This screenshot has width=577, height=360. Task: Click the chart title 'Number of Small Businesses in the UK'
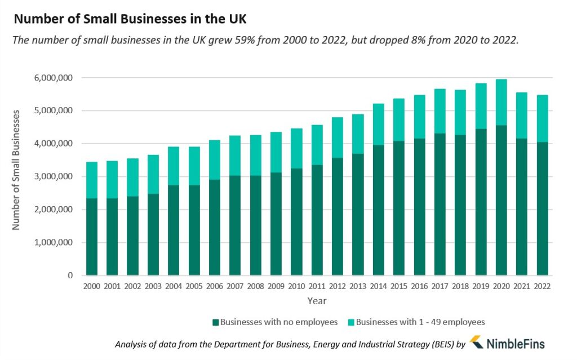click(130, 19)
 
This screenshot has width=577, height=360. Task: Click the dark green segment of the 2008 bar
click(255, 225)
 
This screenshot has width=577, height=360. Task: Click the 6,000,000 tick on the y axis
click(53, 78)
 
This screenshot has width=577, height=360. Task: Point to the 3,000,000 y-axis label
click(53, 177)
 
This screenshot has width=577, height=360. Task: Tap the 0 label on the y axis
click(70, 275)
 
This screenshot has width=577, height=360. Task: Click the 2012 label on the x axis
click(336, 286)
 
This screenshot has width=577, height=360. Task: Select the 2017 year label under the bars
click(439, 286)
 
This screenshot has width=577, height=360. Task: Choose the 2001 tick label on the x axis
click(112, 286)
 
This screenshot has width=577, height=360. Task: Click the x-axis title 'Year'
click(317, 301)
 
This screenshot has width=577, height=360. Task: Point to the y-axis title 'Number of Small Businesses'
click(16, 169)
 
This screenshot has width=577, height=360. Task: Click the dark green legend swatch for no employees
click(215, 322)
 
